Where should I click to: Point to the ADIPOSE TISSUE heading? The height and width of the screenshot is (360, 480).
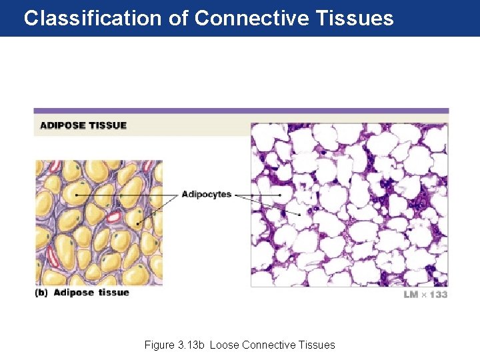click(83, 125)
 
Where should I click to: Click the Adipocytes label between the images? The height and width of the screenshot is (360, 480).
click(206, 195)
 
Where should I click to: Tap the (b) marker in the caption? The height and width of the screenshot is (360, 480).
click(42, 293)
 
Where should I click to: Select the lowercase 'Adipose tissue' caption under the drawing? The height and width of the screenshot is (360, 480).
click(91, 293)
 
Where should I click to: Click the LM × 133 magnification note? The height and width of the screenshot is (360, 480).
click(425, 294)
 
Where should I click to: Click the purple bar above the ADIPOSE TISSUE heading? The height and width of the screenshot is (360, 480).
click(241, 111)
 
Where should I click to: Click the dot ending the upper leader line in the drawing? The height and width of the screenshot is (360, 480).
click(77, 194)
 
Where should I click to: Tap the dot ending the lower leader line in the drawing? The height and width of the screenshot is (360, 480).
click(139, 223)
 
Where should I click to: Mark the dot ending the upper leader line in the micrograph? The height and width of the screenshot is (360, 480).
click(281, 195)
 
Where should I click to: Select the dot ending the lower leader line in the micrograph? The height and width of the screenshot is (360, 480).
click(300, 215)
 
